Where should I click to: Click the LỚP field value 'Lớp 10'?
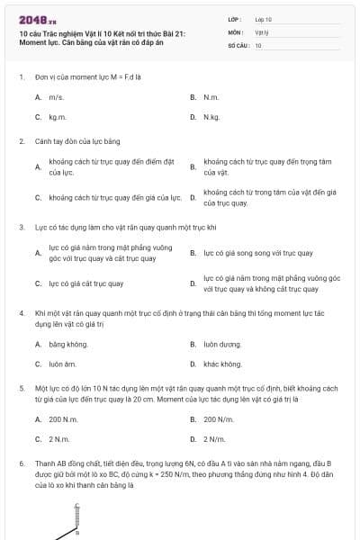(x=263, y=18)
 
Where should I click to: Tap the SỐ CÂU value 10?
(x=258, y=44)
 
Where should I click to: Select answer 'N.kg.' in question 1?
(x=212, y=117)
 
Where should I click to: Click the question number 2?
(x=22, y=141)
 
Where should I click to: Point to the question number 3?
(x=22, y=228)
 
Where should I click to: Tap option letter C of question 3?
(x=38, y=283)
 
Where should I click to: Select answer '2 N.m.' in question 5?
(x=60, y=439)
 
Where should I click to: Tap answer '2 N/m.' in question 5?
(x=215, y=439)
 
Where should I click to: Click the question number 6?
(x=22, y=463)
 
